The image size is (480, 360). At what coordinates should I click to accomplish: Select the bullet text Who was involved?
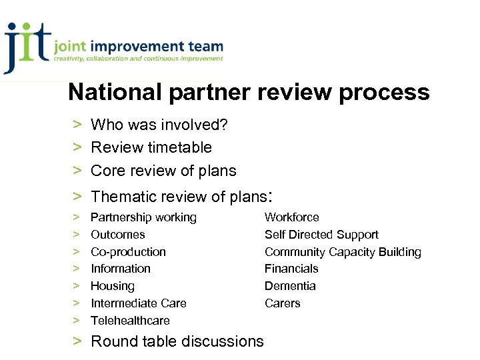(x=155, y=125)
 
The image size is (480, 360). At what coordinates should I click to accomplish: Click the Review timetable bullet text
(x=151, y=147)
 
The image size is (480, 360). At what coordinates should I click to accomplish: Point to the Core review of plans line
(x=163, y=171)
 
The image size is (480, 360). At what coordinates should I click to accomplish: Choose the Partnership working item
(x=143, y=217)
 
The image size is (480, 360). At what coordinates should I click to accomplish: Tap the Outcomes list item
(x=117, y=235)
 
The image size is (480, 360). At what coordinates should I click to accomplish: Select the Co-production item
(x=128, y=252)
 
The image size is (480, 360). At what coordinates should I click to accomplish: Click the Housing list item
(x=112, y=286)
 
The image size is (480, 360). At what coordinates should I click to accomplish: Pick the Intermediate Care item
(x=138, y=303)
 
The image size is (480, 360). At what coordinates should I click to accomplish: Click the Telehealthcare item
(x=130, y=321)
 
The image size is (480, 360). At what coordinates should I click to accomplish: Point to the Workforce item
(x=291, y=217)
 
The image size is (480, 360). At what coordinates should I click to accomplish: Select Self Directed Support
(x=321, y=235)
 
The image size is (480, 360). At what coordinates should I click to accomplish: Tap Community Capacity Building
(x=343, y=252)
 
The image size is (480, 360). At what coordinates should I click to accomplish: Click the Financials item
(x=291, y=269)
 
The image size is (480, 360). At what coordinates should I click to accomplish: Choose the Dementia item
(x=290, y=286)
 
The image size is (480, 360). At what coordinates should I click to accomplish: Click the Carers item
(x=282, y=303)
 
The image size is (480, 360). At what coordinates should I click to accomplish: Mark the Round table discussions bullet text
(x=177, y=341)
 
